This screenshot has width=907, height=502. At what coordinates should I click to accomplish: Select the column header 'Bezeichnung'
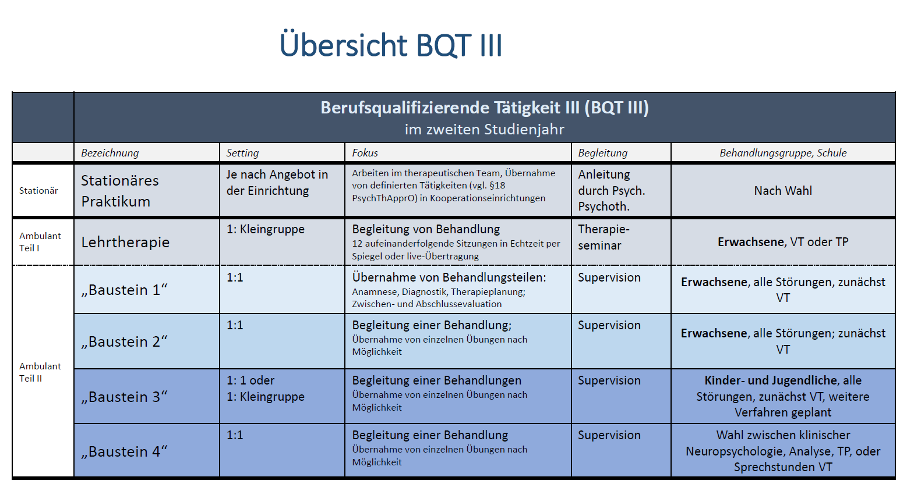(110, 153)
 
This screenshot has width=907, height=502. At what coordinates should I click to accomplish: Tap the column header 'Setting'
(242, 153)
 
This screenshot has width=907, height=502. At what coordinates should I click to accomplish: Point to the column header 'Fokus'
(365, 153)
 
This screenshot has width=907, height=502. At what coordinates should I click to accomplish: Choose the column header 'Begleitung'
(602, 153)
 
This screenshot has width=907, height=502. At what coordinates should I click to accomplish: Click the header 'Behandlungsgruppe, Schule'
(783, 153)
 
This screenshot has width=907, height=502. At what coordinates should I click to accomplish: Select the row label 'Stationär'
(38, 190)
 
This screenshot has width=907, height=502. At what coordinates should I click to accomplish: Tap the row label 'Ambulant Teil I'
(40, 242)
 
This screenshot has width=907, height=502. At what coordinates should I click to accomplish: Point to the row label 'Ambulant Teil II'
(40, 372)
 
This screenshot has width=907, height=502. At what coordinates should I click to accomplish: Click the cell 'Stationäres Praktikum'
(120, 191)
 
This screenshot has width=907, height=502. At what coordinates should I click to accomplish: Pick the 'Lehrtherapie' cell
(125, 242)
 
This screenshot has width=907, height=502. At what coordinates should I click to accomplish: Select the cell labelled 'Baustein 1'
(124, 290)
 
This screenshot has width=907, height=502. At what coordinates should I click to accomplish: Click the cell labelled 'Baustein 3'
(124, 397)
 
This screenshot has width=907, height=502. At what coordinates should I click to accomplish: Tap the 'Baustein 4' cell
(124, 451)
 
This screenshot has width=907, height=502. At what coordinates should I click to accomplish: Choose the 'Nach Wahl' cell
(783, 190)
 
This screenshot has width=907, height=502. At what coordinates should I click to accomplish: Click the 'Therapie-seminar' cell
(604, 237)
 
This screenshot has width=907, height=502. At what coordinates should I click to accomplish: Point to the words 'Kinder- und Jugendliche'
(771, 380)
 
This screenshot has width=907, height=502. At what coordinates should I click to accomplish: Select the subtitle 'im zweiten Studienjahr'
(484, 129)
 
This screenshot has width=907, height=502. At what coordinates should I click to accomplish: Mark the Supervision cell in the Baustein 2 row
(609, 325)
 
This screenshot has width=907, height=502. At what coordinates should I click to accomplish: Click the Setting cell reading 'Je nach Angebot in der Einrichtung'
(277, 182)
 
